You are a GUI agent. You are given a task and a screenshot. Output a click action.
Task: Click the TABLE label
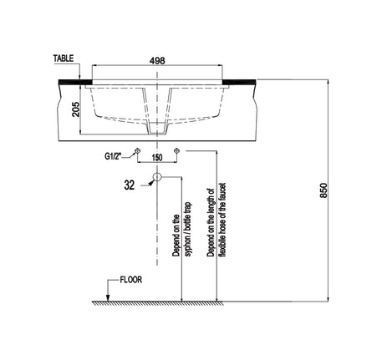(64, 58)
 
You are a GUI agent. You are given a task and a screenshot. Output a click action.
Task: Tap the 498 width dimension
(157, 60)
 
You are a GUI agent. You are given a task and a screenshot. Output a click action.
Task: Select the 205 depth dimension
(75, 109)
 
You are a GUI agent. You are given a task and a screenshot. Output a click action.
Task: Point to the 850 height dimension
(323, 190)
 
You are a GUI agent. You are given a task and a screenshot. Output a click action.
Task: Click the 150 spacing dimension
(157, 158)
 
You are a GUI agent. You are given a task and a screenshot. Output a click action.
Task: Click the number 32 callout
(130, 185)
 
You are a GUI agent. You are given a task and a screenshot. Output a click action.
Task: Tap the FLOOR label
(131, 280)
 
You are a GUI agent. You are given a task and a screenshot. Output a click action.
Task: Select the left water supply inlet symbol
(137, 151)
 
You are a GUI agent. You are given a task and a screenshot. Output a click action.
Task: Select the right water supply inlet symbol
(176, 151)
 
